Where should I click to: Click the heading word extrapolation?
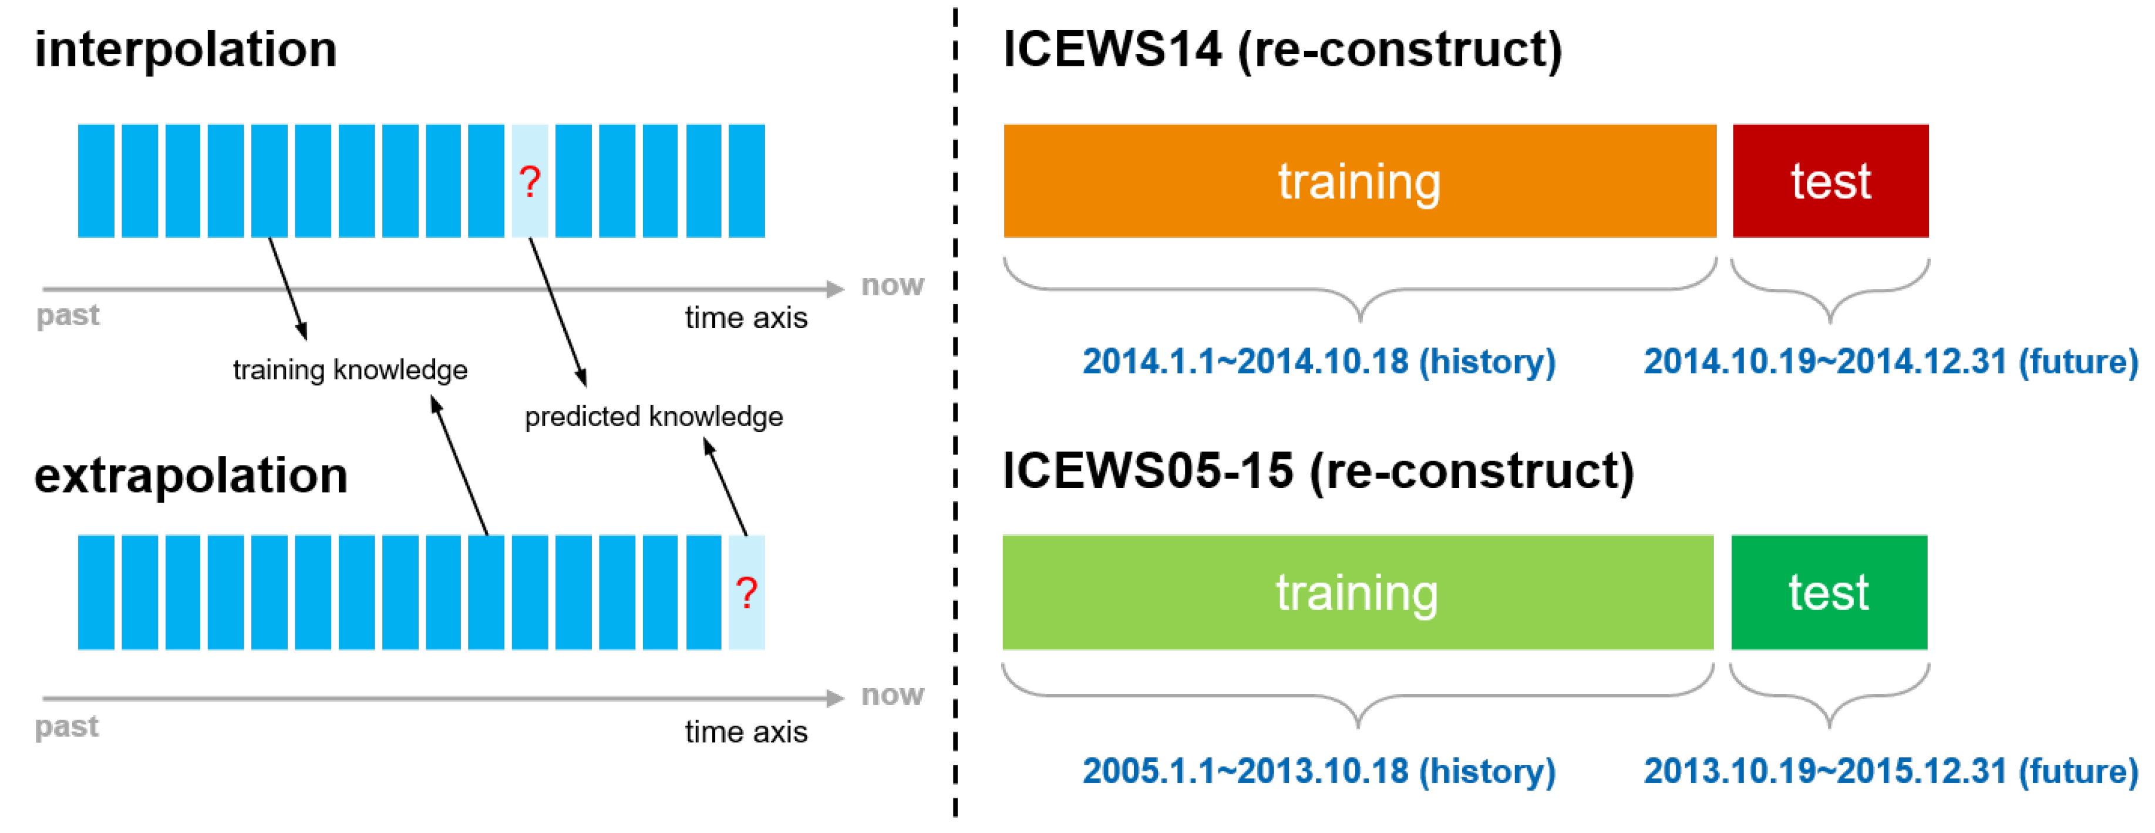click(x=191, y=476)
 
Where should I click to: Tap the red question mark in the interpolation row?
click(x=530, y=181)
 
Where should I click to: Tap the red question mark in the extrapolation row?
click(x=746, y=593)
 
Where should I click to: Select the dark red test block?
click(x=1830, y=181)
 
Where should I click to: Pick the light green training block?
click(x=1358, y=592)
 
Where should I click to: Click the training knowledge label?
click(x=350, y=370)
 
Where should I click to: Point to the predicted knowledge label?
click(x=654, y=417)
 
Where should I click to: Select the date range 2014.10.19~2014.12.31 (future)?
click(x=1891, y=361)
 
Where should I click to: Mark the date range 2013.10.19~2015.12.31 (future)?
click(x=1891, y=770)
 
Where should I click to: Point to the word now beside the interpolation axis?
click(x=893, y=285)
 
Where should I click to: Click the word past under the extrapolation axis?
click(x=67, y=726)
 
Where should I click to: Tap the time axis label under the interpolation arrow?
click(x=746, y=318)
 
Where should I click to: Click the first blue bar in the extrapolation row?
click(x=96, y=592)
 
